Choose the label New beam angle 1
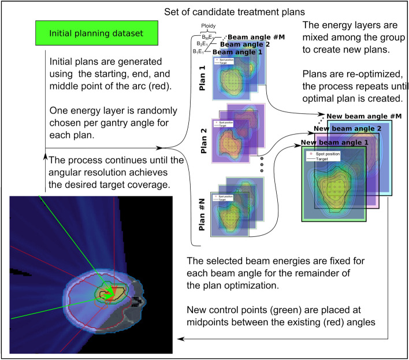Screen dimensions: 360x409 tap(334, 142)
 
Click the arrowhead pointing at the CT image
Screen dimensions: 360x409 tap(180, 340)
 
